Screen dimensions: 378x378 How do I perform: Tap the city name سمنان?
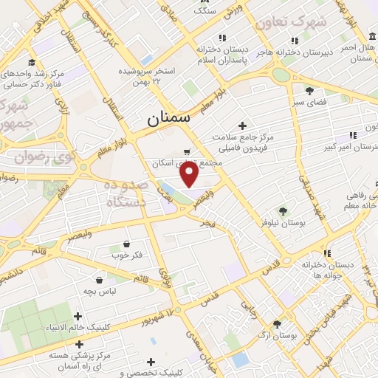click(x=168, y=116)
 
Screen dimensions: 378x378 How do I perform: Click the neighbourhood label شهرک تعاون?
click(x=290, y=23)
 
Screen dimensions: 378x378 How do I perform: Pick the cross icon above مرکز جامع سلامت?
click(x=242, y=126)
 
